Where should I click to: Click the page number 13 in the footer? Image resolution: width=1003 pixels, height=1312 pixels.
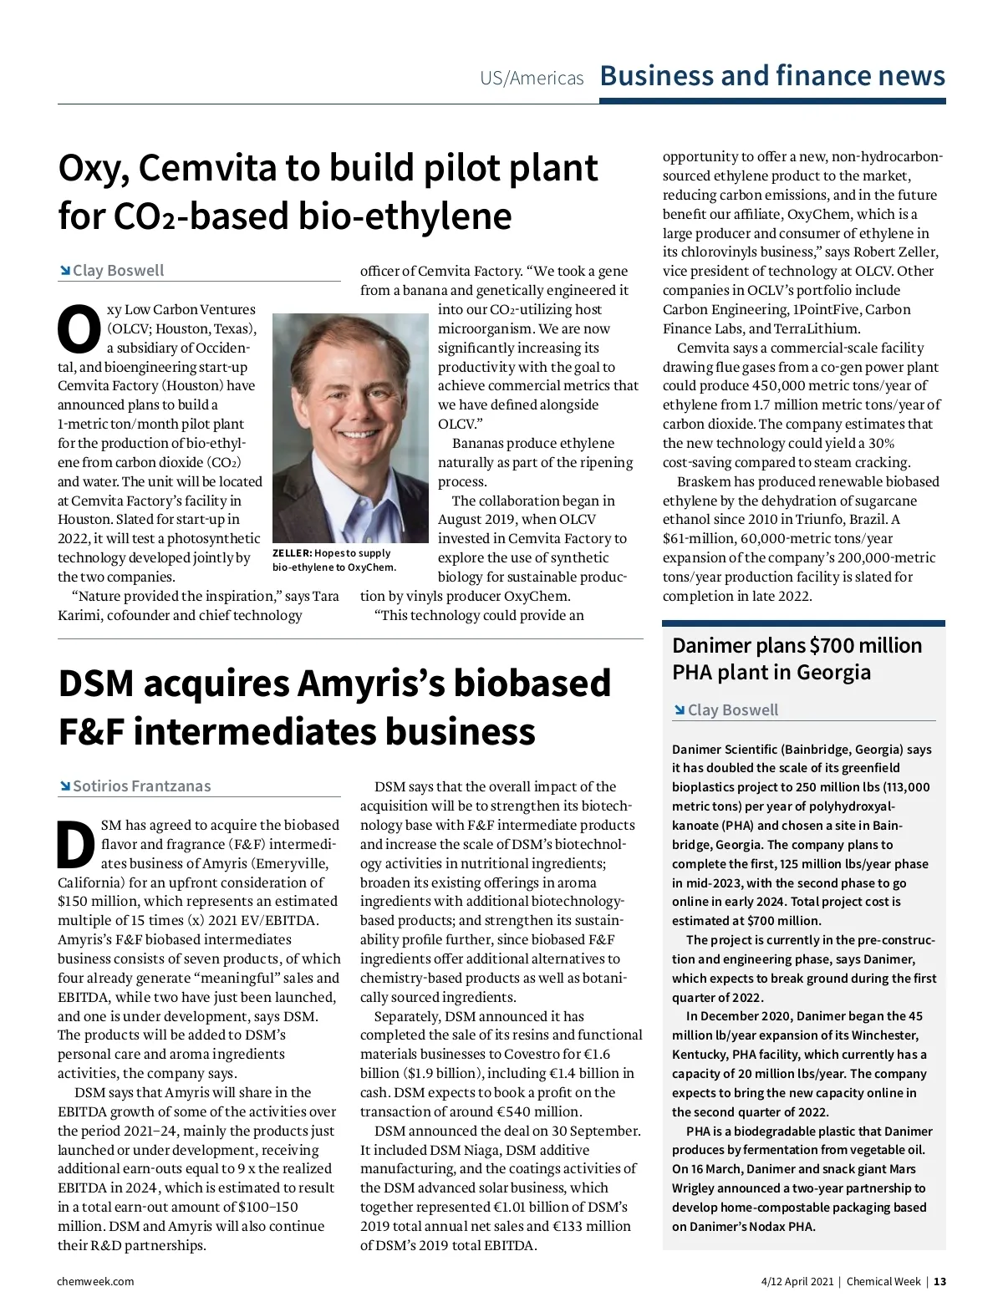[x=940, y=1281]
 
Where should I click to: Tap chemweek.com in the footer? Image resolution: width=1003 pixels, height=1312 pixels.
[x=95, y=1281]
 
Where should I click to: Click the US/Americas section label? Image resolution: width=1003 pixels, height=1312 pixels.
[x=532, y=79]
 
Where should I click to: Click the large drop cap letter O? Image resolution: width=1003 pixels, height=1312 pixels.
[x=79, y=329]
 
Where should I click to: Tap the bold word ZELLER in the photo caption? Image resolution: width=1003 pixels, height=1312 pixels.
[x=291, y=553]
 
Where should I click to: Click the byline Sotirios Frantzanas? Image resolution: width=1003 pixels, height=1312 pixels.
[x=141, y=786]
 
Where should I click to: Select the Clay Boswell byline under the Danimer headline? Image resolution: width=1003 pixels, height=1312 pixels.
[x=732, y=709]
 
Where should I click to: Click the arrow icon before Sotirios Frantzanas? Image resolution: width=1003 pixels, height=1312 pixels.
[x=64, y=786]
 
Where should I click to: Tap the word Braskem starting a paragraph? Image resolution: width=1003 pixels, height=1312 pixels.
[x=704, y=481]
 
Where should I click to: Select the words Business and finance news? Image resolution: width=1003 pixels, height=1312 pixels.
[x=772, y=75]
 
